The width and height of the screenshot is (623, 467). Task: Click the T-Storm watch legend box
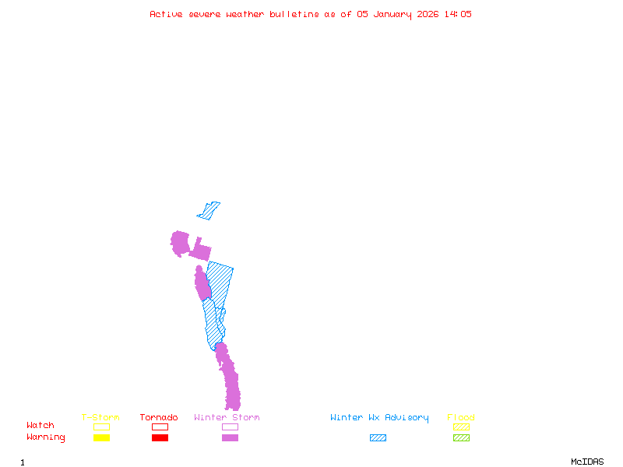click(101, 427)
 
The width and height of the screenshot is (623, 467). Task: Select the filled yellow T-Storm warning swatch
click(101, 438)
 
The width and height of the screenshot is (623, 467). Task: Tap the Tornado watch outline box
click(160, 427)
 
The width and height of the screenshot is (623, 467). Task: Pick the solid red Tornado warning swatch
click(160, 438)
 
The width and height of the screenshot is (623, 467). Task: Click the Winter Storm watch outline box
click(230, 427)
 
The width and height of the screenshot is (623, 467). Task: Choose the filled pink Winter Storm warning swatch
click(230, 438)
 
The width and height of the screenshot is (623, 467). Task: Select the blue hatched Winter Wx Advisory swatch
click(378, 438)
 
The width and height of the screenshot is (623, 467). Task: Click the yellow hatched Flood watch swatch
click(461, 427)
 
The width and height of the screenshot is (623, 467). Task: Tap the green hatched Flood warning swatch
click(461, 438)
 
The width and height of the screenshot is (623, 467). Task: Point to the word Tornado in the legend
click(159, 418)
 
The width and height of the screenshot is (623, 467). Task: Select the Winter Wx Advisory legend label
click(379, 418)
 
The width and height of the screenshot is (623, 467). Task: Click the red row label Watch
click(40, 426)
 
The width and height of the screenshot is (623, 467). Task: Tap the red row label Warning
click(46, 437)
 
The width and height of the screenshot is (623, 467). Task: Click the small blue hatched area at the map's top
click(209, 210)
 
